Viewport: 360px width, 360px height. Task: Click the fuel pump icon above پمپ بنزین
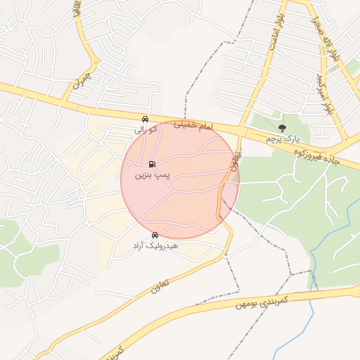point(153,162)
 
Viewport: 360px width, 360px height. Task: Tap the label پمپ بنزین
point(153,173)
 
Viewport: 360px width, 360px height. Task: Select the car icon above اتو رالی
point(145,119)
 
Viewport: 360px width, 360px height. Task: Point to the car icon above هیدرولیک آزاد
point(155,236)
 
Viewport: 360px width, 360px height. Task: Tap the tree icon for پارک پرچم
point(282,128)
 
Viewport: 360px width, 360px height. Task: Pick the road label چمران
point(81,83)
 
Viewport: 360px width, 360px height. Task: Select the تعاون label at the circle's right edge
point(232,162)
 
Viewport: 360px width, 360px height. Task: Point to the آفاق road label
point(75,10)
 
